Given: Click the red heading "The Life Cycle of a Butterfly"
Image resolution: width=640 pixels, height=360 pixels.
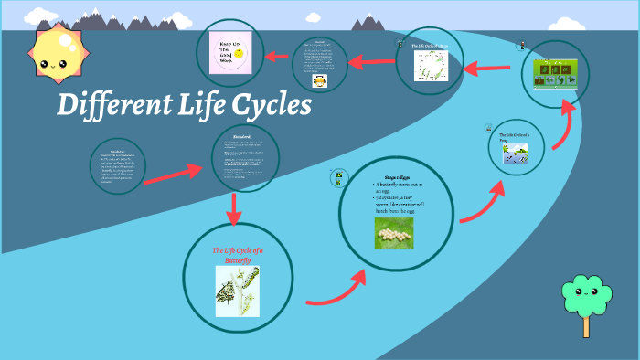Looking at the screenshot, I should tap(237, 255).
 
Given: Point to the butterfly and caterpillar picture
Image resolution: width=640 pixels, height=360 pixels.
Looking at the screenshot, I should tap(236, 291).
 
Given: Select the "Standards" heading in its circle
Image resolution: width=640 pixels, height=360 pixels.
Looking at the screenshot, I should tap(243, 137).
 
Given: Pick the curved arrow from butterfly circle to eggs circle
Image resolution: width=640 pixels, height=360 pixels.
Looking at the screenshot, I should tap(333, 287).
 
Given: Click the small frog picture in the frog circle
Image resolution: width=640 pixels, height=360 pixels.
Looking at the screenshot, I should tap(514, 155).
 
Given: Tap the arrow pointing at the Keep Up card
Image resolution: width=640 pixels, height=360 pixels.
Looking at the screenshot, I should tap(275, 57).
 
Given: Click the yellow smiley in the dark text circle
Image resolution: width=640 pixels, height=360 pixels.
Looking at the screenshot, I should tap(320, 79).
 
